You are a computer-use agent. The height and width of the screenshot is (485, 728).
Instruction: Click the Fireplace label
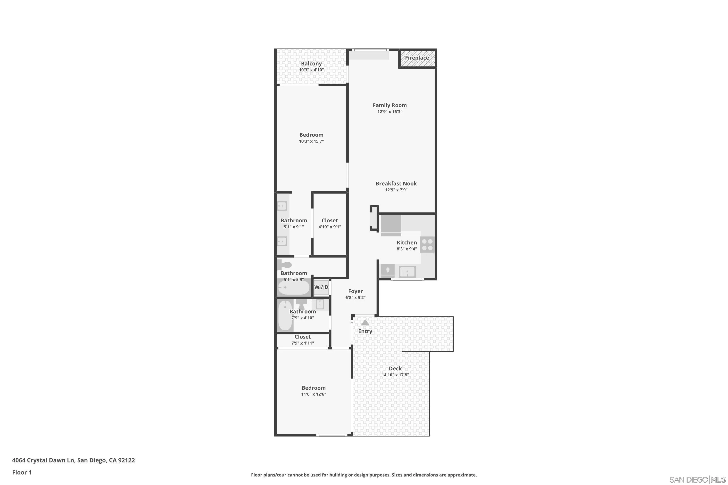tap(417, 58)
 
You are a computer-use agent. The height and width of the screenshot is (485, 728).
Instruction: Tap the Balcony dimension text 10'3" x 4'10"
tap(311, 70)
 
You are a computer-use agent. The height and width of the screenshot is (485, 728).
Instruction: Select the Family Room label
tap(389, 105)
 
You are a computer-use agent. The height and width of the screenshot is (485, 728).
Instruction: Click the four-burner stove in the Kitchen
tap(427, 245)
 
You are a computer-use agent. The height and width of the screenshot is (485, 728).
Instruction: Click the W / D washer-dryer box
tap(321, 287)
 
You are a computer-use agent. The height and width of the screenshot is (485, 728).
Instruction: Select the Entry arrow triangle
tap(365, 323)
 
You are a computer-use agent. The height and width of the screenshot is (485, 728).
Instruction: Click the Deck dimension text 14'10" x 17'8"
tap(395, 375)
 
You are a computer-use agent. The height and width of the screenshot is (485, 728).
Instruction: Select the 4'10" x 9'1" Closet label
tap(329, 220)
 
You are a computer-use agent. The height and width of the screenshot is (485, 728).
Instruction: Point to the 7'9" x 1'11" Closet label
tap(302, 337)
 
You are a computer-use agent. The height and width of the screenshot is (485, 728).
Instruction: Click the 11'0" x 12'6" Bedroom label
tap(314, 388)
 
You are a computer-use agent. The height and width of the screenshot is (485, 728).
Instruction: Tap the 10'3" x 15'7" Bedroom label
tap(311, 135)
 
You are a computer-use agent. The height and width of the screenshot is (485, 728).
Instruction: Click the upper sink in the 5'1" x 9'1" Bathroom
tap(282, 206)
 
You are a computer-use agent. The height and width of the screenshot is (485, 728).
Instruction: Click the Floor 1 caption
tap(22, 472)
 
